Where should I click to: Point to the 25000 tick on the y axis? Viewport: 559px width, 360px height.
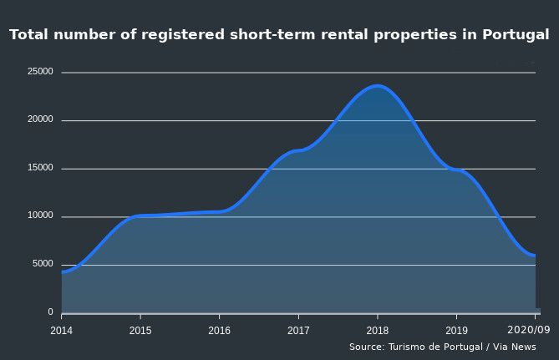coord(40,72)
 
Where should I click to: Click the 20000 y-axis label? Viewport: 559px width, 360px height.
coord(40,120)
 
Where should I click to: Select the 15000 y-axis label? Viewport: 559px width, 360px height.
coord(40,168)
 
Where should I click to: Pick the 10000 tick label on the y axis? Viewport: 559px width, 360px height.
coord(40,216)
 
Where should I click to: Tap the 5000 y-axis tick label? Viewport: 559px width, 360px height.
coord(43,264)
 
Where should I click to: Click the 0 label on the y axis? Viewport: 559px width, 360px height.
coord(50,312)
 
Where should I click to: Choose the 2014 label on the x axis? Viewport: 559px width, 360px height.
coord(62,330)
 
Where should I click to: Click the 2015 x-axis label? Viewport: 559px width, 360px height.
coord(140,330)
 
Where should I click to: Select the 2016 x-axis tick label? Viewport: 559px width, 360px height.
coord(219,330)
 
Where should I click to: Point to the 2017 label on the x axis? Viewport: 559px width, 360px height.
coord(298,330)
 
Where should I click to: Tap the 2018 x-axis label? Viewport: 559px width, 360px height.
coord(377,330)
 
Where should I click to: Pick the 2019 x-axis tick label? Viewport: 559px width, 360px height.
coord(456,330)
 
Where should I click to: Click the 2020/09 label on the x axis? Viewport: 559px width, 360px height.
coord(529,330)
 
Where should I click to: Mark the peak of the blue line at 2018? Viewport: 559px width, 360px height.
coord(377,85)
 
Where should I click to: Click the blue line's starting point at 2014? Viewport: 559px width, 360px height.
coord(63,271)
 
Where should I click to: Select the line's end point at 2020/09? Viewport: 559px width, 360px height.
coord(534,256)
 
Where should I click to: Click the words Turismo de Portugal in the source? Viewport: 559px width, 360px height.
coord(431,347)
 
